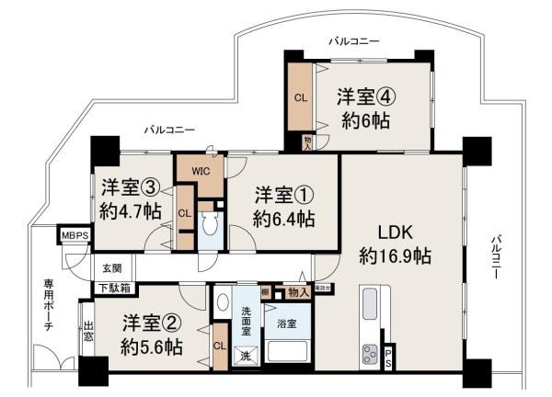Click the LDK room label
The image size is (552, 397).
tap(386, 233)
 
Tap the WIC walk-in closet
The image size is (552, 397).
tap(205, 170)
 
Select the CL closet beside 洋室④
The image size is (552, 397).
tap(300, 97)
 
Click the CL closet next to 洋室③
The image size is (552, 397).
tap(184, 213)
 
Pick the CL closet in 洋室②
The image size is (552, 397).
tap(219, 346)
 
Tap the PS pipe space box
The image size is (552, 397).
tap(388, 354)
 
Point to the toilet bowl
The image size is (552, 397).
tap(210, 226)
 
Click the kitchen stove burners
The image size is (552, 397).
tap(371, 353)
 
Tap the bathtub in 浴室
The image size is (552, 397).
tap(287, 351)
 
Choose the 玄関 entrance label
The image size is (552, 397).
tap(111, 268)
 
